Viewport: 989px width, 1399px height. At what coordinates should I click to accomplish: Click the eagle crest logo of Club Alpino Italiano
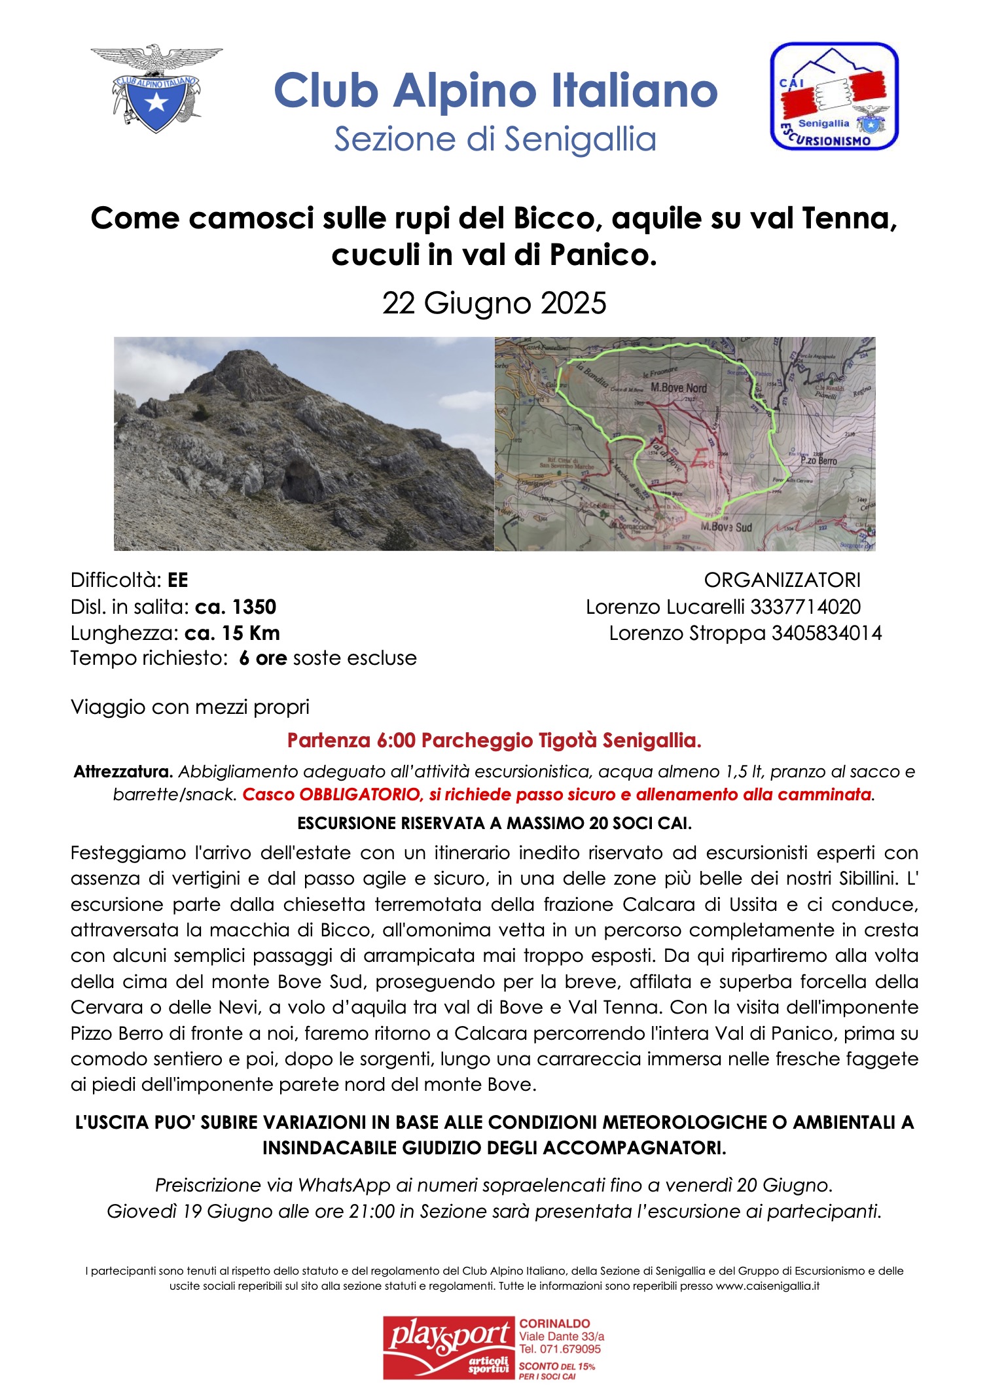click(x=156, y=88)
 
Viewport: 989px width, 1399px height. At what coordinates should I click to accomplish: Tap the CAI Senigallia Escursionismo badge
click(x=834, y=96)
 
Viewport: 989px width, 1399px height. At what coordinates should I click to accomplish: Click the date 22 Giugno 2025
click(x=494, y=304)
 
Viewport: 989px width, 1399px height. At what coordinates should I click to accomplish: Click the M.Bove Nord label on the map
click(x=679, y=388)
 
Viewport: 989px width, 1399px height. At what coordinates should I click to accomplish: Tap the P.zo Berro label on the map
click(x=819, y=461)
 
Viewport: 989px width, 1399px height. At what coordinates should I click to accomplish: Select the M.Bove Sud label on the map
click(x=726, y=527)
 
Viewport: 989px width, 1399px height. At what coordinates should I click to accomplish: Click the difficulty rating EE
click(x=177, y=580)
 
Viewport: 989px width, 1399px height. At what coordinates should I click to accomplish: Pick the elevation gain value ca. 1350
click(x=236, y=607)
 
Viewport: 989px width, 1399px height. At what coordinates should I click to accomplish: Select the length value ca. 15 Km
click(x=232, y=633)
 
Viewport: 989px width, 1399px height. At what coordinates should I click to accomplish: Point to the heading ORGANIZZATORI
click(x=782, y=580)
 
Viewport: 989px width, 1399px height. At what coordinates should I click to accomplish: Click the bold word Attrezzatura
click(x=123, y=772)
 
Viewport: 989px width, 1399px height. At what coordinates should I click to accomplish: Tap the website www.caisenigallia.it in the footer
click(x=767, y=1286)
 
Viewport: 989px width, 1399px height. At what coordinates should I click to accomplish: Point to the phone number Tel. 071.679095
click(x=560, y=1349)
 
